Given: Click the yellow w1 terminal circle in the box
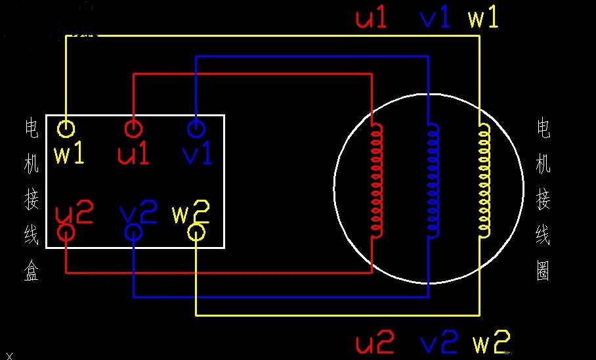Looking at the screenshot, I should [x=66, y=128].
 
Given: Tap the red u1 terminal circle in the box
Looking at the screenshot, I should [x=133, y=128].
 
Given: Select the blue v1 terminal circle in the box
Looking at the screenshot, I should [x=196, y=127].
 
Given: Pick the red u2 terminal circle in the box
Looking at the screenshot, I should [x=66, y=232].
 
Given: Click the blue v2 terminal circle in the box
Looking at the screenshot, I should [x=133, y=232].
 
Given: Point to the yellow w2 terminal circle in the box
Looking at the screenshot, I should [x=196, y=232].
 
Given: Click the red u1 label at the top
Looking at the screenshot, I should [x=372, y=18].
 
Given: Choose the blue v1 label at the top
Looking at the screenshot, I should [x=435, y=18].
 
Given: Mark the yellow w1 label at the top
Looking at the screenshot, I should [x=483, y=18].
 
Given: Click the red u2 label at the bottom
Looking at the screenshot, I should [x=375, y=342].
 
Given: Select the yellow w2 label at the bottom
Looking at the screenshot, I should [x=491, y=342].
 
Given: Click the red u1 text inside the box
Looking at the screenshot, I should [x=133, y=154].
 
